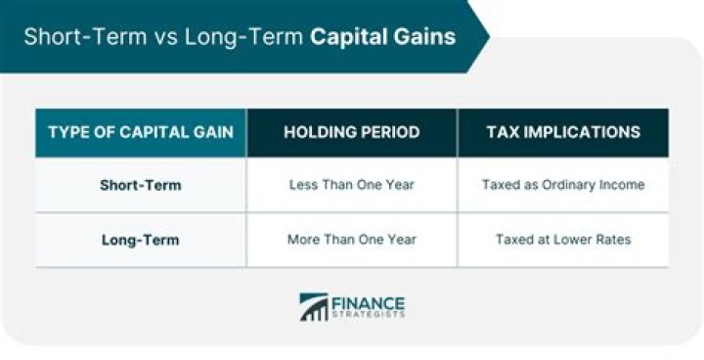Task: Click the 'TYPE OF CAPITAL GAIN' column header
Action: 141,132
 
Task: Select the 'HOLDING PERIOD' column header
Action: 352,132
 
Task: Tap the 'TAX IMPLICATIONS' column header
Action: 563,132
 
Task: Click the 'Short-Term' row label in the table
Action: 141,185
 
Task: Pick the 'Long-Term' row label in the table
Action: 141,240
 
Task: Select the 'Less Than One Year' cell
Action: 352,185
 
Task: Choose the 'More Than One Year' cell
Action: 352,240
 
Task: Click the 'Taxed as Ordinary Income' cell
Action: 563,185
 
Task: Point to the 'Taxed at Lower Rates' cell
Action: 563,240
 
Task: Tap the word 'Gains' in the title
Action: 428,38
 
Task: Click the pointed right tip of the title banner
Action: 486,37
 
